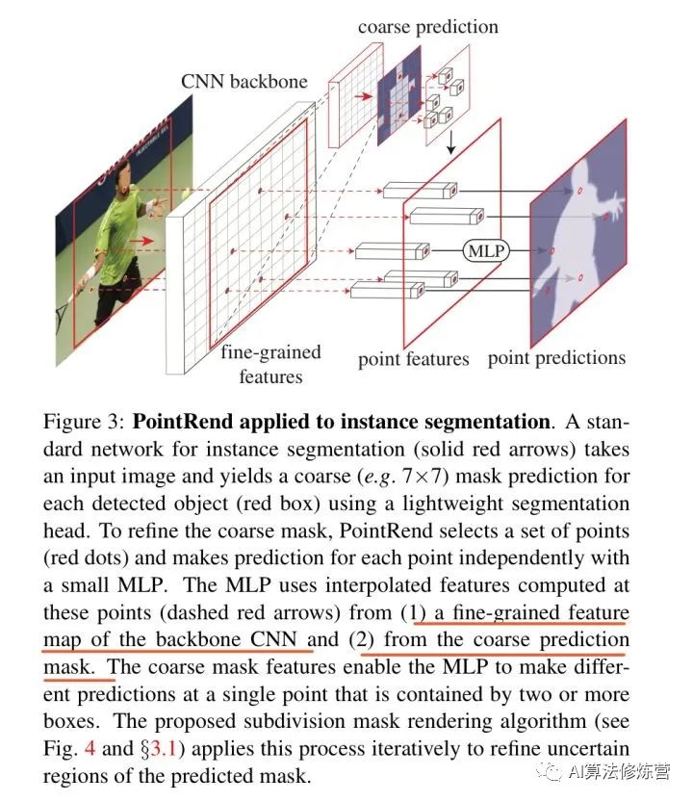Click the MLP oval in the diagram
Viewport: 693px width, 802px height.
tap(486, 250)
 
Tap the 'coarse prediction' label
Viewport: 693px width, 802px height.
tap(428, 27)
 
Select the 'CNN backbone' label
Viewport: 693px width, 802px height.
tap(244, 81)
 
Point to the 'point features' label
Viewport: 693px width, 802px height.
tap(413, 359)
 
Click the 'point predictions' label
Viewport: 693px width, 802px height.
tap(556, 358)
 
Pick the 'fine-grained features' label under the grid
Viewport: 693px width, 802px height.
tap(270, 364)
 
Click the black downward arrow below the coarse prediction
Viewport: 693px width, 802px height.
tap(450, 142)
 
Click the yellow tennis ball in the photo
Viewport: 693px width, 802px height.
tap(187, 193)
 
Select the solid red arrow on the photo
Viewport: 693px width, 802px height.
tap(141, 241)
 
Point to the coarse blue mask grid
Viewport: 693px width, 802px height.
tap(399, 95)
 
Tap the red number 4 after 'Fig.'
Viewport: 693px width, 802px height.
tap(90, 749)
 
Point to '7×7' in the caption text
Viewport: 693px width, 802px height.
tap(422, 477)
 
